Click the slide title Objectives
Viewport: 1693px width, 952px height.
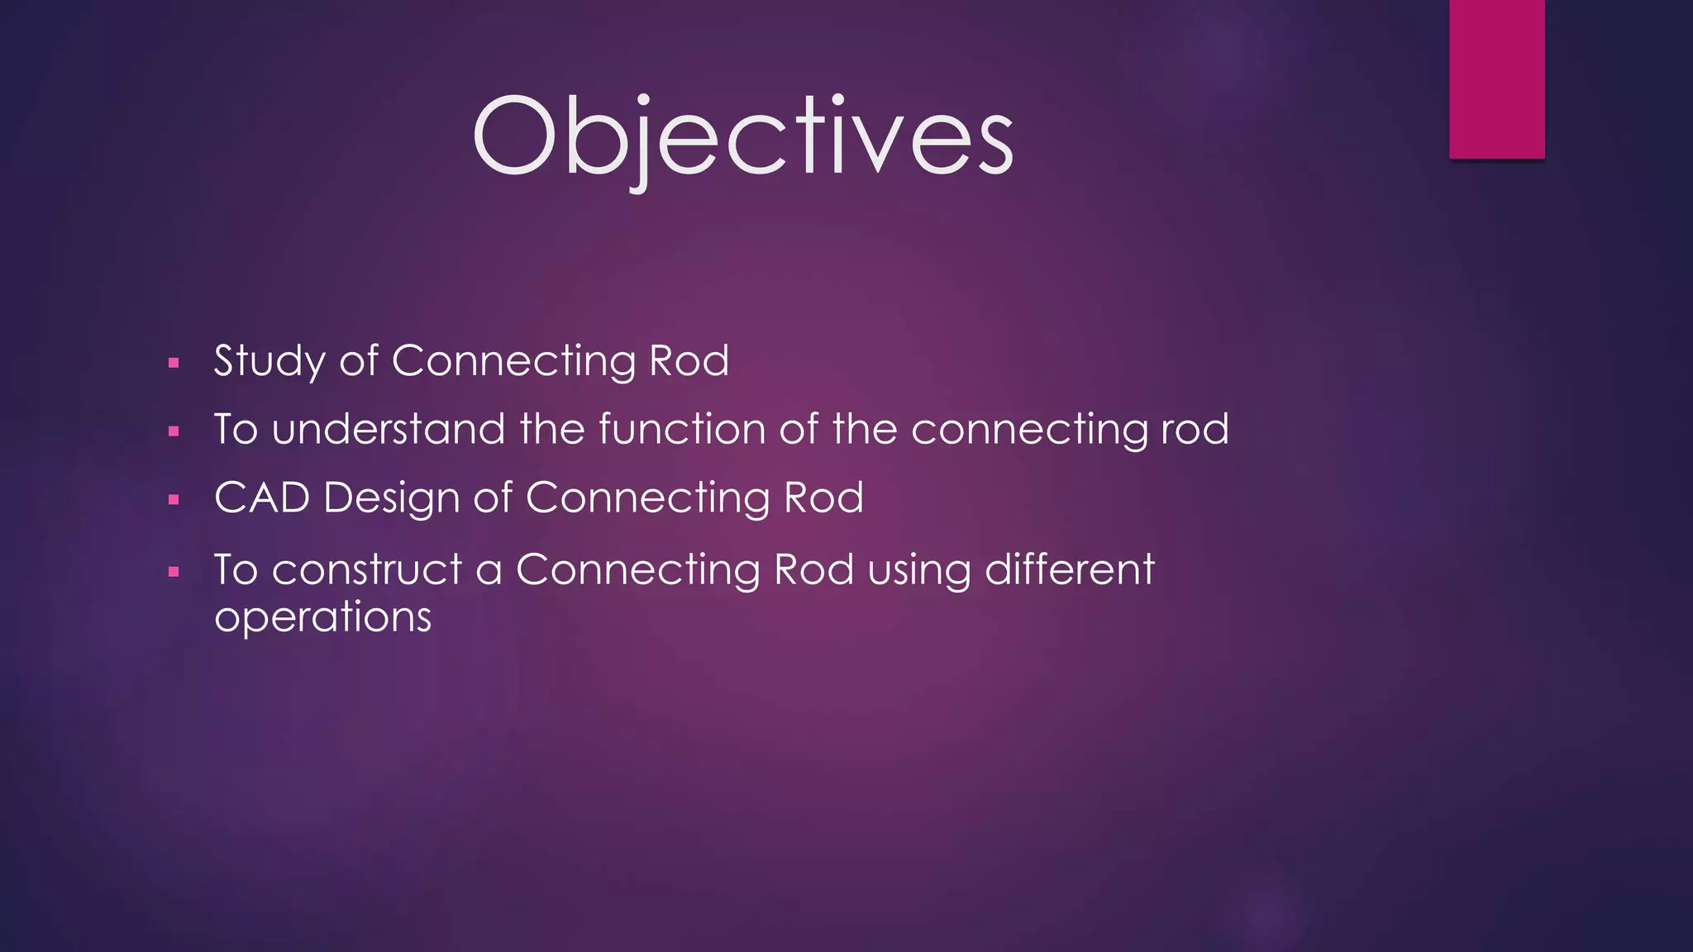tap(742, 137)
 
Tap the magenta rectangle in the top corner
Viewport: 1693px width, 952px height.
tap(1496, 79)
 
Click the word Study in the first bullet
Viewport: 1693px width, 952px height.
tap(269, 361)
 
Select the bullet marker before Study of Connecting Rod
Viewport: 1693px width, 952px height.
tap(174, 363)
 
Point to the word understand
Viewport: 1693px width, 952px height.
tap(388, 429)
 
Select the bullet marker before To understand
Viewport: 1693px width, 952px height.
tap(174, 431)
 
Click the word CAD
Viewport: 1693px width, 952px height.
tap(261, 497)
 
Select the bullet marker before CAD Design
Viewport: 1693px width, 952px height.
tap(174, 500)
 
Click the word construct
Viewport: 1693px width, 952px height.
tap(366, 569)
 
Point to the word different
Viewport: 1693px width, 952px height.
tap(1069, 569)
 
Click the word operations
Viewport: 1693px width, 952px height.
tap(322, 617)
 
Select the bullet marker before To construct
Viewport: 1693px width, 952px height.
tap(174, 571)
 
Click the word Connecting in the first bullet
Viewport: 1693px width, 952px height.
tap(513, 361)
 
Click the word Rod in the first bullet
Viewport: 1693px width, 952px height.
tap(689, 361)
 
